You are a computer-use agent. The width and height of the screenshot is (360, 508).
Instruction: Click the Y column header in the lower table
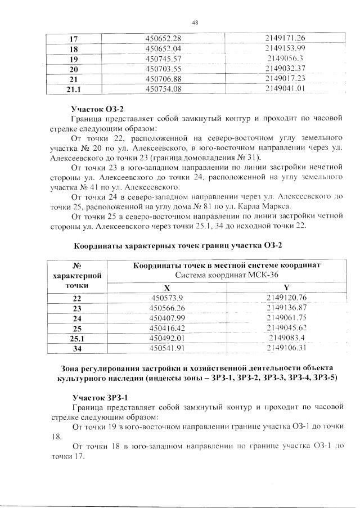coord(286,286)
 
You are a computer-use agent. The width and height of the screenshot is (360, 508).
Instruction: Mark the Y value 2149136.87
coord(286,308)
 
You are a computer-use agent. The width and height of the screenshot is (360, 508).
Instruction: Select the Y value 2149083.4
coord(286,338)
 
